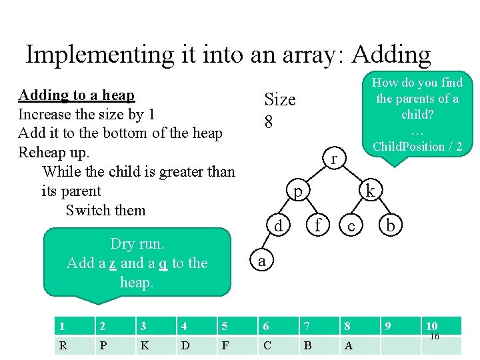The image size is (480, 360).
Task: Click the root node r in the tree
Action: (x=333, y=159)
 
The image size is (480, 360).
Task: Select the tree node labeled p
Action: (x=299, y=191)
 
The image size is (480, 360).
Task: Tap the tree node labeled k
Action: (x=371, y=192)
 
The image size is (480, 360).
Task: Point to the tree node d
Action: (x=278, y=226)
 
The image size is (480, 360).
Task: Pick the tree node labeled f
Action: (x=318, y=226)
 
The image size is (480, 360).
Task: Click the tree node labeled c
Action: (x=351, y=227)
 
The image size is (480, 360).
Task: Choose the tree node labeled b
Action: (x=391, y=226)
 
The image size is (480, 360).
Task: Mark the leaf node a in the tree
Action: (x=261, y=261)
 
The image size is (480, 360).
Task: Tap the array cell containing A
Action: (x=360, y=345)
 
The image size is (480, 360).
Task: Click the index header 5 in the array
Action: (x=236, y=326)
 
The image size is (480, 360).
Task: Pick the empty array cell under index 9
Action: (x=400, y=345)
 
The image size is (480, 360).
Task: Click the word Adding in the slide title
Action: (x=376, y=55)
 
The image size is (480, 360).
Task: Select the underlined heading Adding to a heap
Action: (x=76, y=95)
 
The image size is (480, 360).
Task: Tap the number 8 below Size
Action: (x=269, y=122)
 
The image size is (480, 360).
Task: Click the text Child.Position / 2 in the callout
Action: (x=417, y=147)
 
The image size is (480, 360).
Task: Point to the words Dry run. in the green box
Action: (x=137, y=244)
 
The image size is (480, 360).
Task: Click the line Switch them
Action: (x=105, y=210)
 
